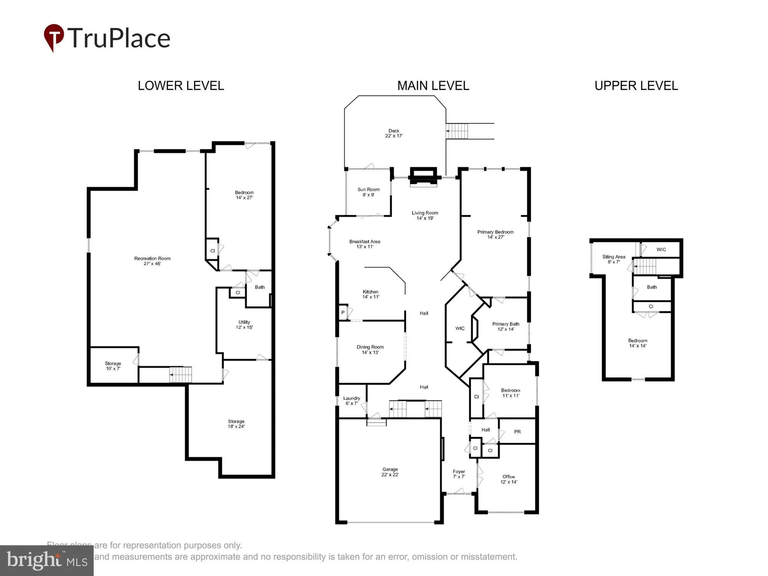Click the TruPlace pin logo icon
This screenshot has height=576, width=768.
tap(54, 37)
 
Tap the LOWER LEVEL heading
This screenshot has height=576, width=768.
tap(181, 86)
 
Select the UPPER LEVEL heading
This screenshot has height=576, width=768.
tap(636, 86)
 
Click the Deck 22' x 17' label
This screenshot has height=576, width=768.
tap(394, 133)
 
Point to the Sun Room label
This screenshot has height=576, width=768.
tap(368, 192)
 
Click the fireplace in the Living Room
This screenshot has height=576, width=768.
tap(423, 177)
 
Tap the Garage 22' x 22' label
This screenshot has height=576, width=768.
tap(390, 472)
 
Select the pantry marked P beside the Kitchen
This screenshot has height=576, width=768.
tap(343, 313)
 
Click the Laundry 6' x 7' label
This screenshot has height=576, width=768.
tap(351, 401)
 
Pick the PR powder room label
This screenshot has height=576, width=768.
tap(517, 432)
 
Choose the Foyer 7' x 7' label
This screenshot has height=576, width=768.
tap(458, 474)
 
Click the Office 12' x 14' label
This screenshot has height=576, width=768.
tap(508, 479)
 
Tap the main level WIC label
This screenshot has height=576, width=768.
tap(460, 328)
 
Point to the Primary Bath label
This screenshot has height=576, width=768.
tap(505, 326)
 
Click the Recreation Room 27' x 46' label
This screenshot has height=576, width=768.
tap(152, 261)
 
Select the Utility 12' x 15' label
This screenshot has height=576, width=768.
tap(244, 324)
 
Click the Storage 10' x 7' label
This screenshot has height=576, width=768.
tap(113, 366)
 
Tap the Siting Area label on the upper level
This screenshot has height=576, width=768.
tap(614, 259)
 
